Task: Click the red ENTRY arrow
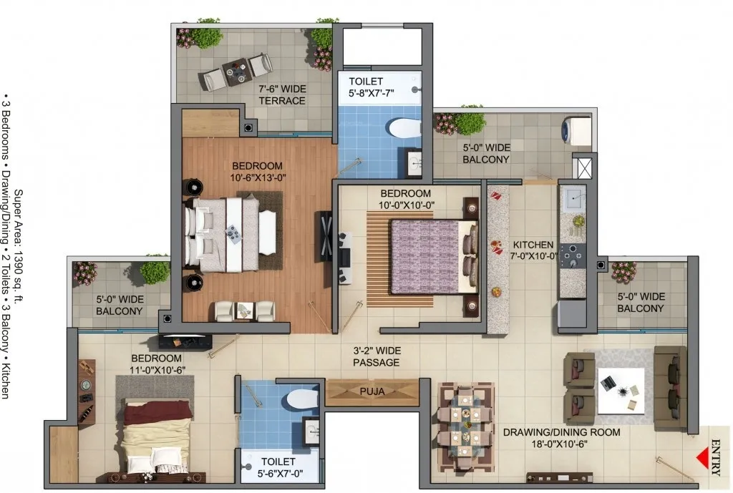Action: coord(702,459)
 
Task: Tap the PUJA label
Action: coord(372,391)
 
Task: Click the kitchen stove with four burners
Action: coord(573,256)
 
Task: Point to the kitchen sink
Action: coord(573,199)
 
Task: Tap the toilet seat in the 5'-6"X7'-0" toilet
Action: coord(302,399)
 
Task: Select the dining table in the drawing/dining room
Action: coord(465,426)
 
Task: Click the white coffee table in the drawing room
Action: coord(621,391)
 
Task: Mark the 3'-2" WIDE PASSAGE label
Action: coord(377,356)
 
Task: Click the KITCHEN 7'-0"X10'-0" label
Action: coord(535,250)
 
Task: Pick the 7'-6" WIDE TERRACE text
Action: coord(282,95)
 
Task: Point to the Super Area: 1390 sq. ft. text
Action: coord(19,246)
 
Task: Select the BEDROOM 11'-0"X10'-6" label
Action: coord(158,364)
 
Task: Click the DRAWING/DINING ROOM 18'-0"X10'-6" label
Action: coord(561,438)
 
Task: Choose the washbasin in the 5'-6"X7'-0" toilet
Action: coord(311,431)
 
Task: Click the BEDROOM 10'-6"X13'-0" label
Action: coord(258,172)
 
